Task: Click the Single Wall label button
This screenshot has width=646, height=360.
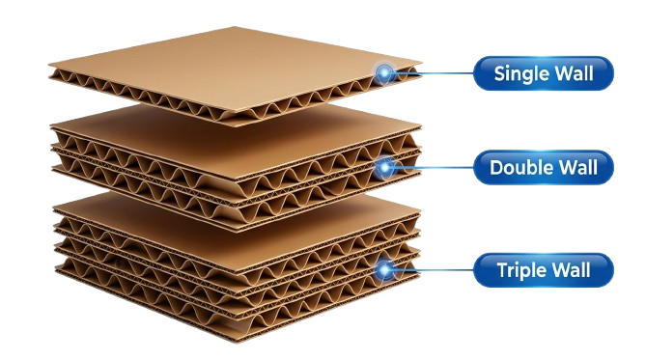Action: (x=544, y=73)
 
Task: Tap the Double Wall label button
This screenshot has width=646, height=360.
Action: (x=544, y=167)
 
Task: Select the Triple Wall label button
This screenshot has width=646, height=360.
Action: (x=544, y=270)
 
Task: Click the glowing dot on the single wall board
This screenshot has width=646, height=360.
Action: (x=384, y=73)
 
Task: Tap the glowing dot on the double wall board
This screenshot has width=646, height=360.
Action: (x=384, y=167)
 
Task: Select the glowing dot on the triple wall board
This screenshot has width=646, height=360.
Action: (x=384, y=270)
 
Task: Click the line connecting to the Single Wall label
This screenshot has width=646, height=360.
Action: (x=434, y=73)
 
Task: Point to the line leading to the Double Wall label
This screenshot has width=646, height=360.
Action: (x=434, y=167)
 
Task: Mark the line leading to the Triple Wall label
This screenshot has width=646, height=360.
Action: (x=434, y=270)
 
